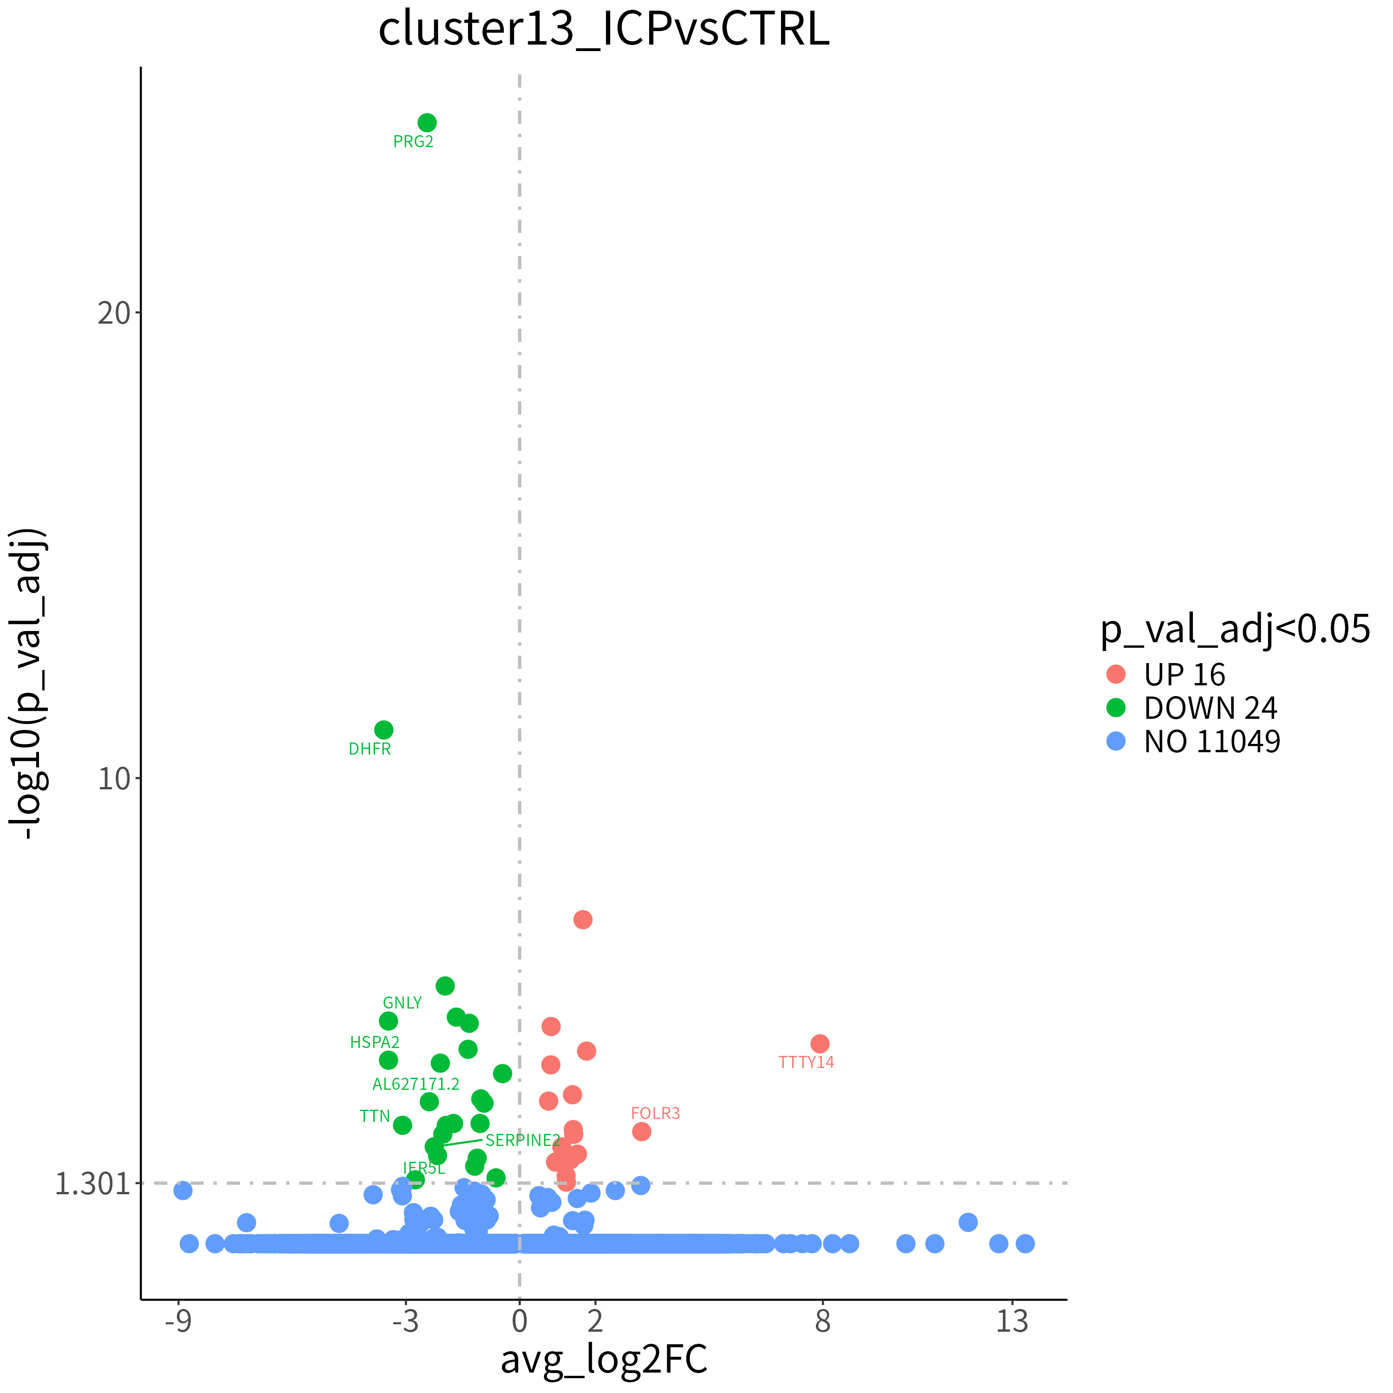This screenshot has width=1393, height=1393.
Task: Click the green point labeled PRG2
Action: point(427,123)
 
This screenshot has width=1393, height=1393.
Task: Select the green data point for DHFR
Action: point(384,730)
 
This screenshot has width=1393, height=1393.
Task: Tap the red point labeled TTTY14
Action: point(820,1044)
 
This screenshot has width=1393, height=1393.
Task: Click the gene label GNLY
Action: point(402,1003)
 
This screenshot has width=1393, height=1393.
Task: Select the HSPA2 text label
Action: point(375,1042)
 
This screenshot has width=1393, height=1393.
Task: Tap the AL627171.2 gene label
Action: point(416,1084)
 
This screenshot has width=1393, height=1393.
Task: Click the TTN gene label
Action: point(375,1117)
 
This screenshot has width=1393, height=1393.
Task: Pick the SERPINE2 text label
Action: point(523,1141)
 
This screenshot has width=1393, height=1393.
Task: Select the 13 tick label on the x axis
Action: point(1012,1321)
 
